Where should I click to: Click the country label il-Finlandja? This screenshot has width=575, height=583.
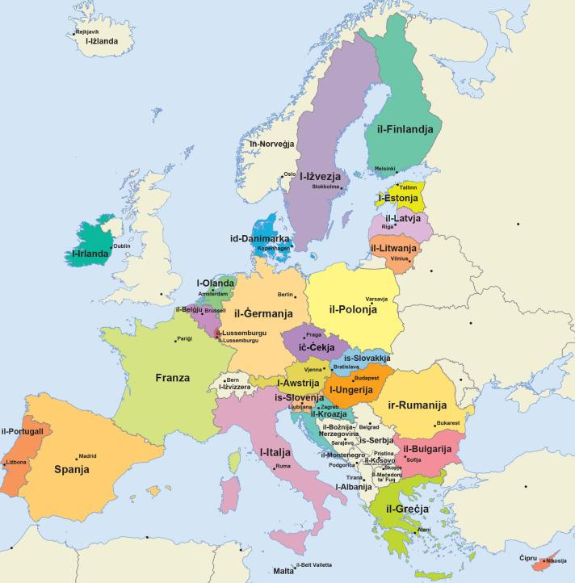click(405, 129)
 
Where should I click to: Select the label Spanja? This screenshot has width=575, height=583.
click(71, 469)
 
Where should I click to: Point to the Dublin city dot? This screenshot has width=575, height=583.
click(111, 248)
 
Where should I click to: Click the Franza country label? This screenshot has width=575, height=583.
click(172, 377)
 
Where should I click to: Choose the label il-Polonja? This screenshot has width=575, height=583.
click(354, 308)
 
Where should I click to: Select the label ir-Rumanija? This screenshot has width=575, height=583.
click(418, 405)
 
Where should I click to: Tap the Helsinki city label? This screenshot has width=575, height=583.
click(385, 169)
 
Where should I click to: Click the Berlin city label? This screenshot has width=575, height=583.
click(284, 295)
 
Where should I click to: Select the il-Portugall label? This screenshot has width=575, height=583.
click(27, 431)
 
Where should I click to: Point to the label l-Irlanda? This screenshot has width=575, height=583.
click(90, 254)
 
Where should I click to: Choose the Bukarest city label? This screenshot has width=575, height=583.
click(447, 423)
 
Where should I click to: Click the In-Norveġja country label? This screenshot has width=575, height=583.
click(271, 145)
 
